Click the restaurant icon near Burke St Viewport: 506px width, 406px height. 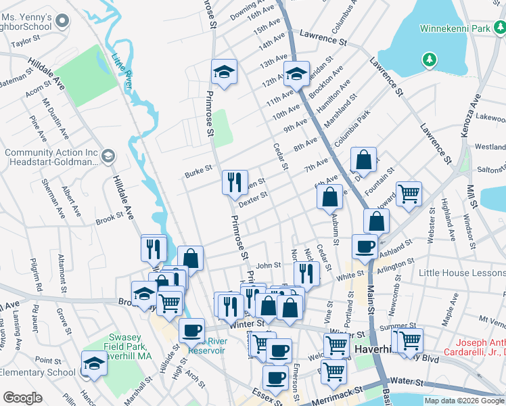point(235,181)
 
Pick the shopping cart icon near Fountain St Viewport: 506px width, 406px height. point(409,194)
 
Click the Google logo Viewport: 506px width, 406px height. point(22,398)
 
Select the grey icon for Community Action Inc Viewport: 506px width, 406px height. point(107,157)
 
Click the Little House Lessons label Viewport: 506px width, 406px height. point(461,273)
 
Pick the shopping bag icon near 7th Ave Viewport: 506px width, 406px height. point(363,160)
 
